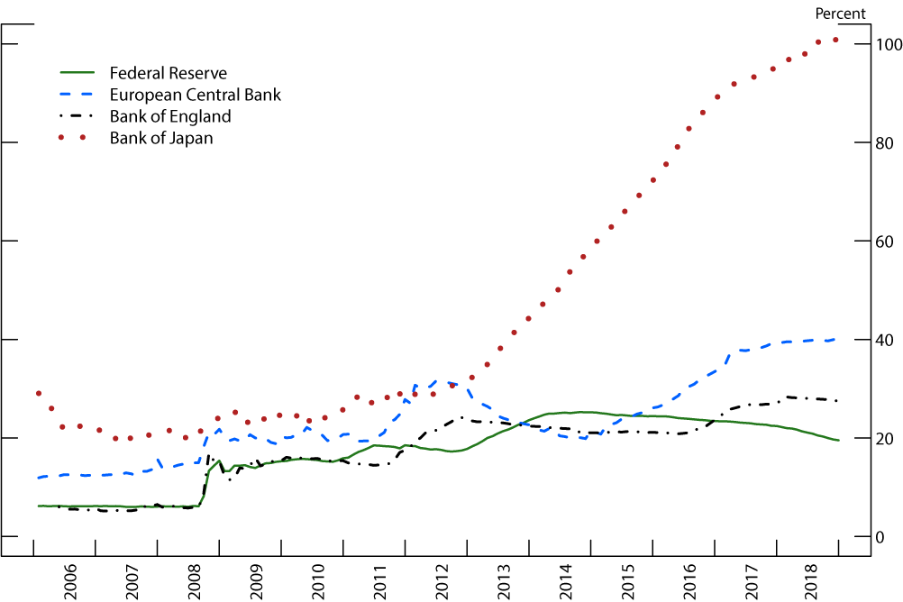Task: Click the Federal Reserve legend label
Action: tap(168, 73)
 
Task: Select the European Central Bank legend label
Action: tap(196, 95)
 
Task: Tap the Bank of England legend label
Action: tap(170, 116)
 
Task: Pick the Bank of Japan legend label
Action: tap(161, 138)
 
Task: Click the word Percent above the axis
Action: tap(840, 14)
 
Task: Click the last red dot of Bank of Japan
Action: tap(835, 40)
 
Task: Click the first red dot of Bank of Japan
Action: tap(39, 394)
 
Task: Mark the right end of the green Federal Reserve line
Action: tap(838, 441)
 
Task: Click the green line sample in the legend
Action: tap(78, 73)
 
